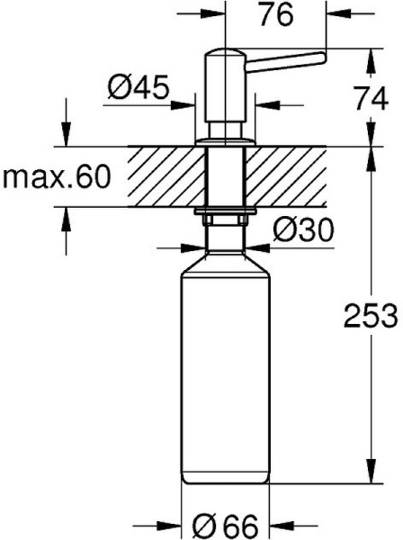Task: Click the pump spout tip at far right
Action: pyautogui.click(x=318, y=60)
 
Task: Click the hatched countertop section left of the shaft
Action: pyautogui.click(x=166, y=177)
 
